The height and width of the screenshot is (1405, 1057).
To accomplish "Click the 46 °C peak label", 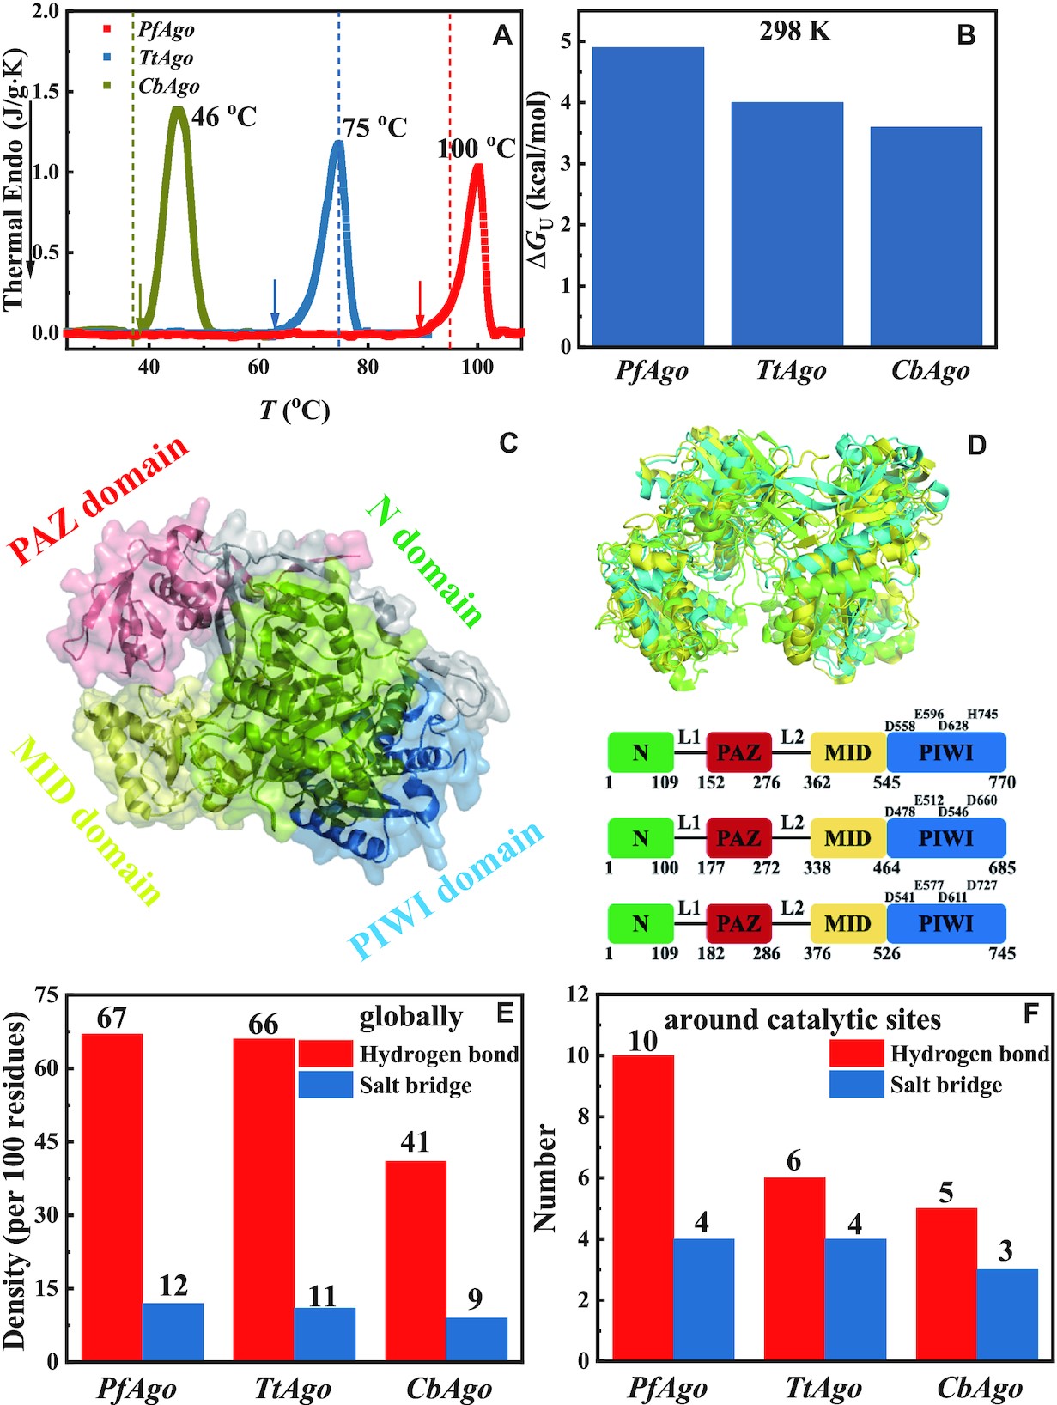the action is click(223, 117).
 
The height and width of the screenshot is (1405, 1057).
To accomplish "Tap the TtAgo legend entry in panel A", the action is click(166, 58).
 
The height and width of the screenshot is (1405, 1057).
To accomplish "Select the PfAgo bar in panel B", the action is click(648, 198).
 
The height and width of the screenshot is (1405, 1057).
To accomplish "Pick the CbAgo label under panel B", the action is click(930, 371).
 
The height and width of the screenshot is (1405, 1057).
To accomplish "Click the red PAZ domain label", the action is click(98, 499).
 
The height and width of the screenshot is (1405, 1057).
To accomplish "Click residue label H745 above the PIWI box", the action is click(982, 714).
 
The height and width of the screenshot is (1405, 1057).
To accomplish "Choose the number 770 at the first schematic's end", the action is click(1002, 782).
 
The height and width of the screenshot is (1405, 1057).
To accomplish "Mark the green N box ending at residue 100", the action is click(641, 838).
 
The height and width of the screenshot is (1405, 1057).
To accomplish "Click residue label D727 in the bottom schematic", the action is click(982, 885).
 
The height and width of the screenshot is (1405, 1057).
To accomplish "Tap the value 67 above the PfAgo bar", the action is click(112, 1018).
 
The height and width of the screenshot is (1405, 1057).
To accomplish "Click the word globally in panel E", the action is click(410, 1019).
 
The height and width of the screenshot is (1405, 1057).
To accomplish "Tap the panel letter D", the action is click(976, 446).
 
